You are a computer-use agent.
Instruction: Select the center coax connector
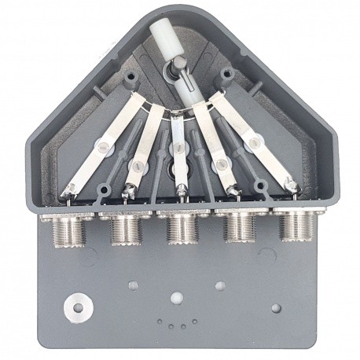coord(180,227)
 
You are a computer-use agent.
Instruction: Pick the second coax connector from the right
coord(237,227)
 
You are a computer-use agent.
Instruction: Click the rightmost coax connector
coord(294,226)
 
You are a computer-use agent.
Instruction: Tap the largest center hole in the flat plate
coord(176,299)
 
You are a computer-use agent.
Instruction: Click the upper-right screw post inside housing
coord(228,77)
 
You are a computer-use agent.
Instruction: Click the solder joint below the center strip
coord(181,189)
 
